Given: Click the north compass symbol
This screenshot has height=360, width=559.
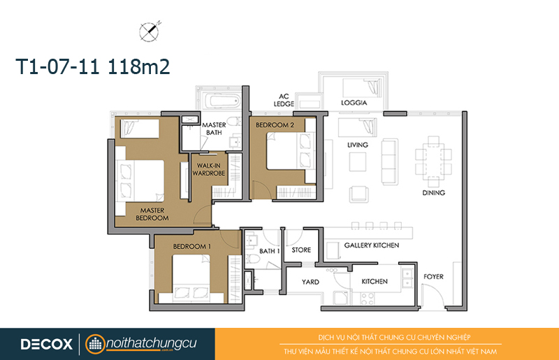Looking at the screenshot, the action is click(x=149, y=31).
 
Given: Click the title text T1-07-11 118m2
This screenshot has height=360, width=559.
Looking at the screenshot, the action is click(x=93, y=66).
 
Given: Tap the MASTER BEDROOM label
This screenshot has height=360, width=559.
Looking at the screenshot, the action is click(x=152, y=214).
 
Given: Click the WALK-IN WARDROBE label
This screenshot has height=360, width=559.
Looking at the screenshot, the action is click(x=209, y=169).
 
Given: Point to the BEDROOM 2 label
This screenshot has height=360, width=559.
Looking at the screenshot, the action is click(x=275, y=125).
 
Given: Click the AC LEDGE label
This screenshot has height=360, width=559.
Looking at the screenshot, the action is click(x=284, y=100).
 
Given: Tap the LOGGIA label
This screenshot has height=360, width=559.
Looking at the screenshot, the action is click(x=354, y=103).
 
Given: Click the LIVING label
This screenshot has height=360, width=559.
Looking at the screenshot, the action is click(x=358, y=145).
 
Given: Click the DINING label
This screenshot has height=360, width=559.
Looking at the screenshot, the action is click(x=433, y=193).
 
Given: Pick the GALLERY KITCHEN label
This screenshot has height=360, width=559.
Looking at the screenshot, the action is click(x=372, y=245).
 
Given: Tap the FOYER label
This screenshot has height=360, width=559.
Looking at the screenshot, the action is click(x=433, y=277).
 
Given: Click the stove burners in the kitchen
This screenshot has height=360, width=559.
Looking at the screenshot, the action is click(x=367, y=298).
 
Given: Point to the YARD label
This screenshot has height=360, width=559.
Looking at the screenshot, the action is click(x=310, y=282).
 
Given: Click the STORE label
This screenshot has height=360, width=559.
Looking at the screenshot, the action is click(x=301, y=250).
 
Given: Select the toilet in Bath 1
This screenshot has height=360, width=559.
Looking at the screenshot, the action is click(x=253, y=259).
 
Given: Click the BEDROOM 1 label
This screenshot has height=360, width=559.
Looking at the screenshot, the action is click(x=191, y=246).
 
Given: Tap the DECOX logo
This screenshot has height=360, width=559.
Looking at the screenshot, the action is click(x=46, y=345).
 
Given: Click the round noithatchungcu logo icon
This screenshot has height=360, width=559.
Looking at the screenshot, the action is click(x=95, y=345).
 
